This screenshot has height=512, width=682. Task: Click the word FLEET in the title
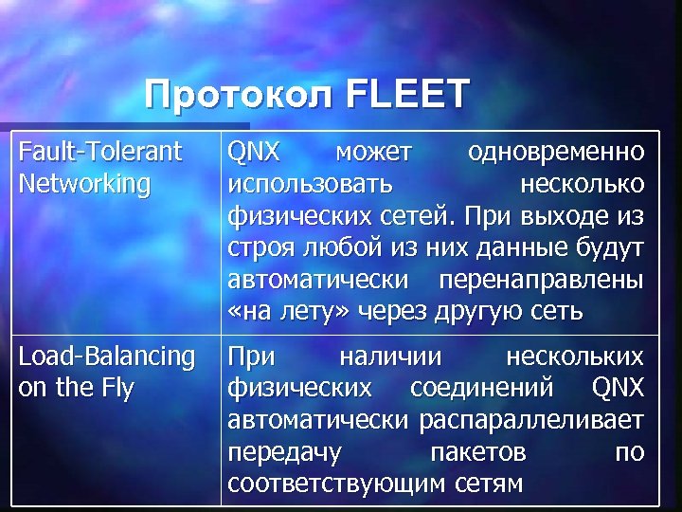[x=409, y=95]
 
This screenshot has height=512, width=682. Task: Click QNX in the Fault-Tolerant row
[x=253, y=151]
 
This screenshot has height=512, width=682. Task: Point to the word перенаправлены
[x=544, y=280]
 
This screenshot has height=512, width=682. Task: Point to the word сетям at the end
[x=487, y=483]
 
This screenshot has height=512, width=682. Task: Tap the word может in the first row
[x=373, y=151]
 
